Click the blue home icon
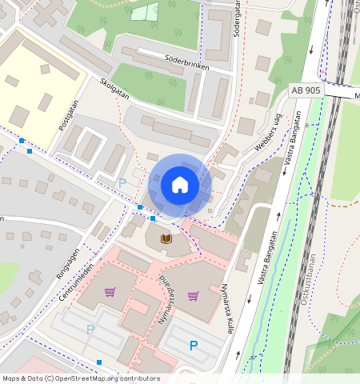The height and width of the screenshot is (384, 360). [x=180, y=186]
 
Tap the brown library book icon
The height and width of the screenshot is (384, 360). [x=166, y=238]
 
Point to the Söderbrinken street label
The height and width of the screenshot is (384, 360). [x=186, y=63]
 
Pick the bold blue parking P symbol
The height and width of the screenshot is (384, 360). [x=193, y=346]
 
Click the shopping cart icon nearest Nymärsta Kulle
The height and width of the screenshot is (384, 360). [x=193, y=295]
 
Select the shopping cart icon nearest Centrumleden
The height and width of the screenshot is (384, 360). [x=110, y=292]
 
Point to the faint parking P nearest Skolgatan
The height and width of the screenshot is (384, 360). [x=122, y=183]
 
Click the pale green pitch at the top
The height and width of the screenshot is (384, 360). [x=145, y=11]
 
